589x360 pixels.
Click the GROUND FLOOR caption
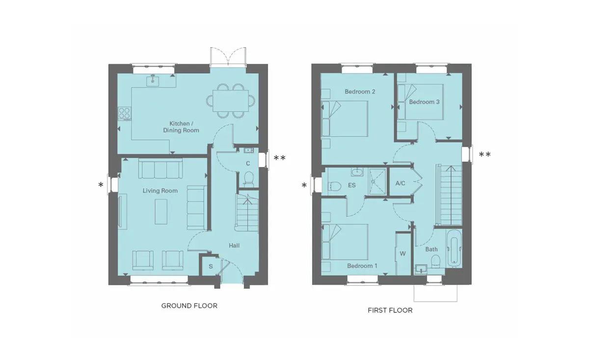pyautogui.click(x=189, y=306)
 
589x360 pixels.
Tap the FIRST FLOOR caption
pyautogui.click(x=390, y=310)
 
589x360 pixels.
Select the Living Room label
pyautogui.click(x=160, y=191)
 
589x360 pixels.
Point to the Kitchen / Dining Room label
pyautogui.click(x=181, y=127)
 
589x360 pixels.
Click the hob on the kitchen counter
pyautogui.click(x=124, y=113)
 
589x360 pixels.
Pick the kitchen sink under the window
pyautogui.click(x=153, y=81)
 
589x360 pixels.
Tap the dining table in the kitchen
pyautogui.click(x=231, y=101)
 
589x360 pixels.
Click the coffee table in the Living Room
pyautogui.click(x=161, y=212)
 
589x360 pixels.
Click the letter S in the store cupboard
pyautogui.click(x=211, y=266)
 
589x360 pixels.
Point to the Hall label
pyautogui.click(x=234, y=246)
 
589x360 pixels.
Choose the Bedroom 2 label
pyautogui.click(x=360, y=91)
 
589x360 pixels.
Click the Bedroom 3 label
pyautogui.click(x=424, y=102)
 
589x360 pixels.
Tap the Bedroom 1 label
pyautogui.click(x=362, y=266)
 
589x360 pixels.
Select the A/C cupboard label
pyautogui.click(x=400, y=183)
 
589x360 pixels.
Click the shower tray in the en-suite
pyautogui.click(x=377, y=182)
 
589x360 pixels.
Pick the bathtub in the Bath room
pyautogui.click(x=454, y=247)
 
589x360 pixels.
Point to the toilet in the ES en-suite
pyautogui.click(x=334, y=186)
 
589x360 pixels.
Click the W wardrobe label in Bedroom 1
pyautogui.click(x=402, y=254)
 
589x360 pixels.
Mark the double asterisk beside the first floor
pyautogui.click(x=484, y=154)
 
